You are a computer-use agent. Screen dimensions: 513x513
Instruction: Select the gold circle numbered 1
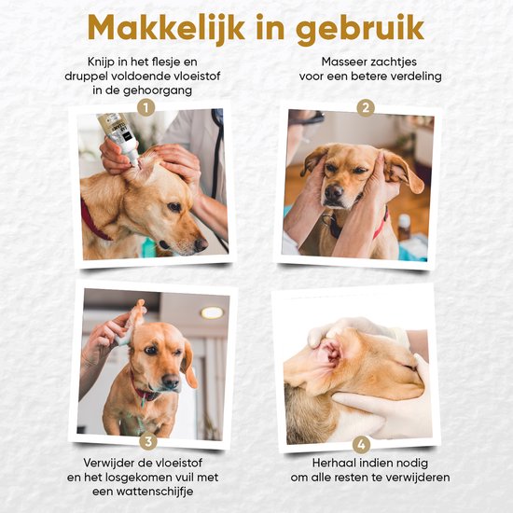[144, 108]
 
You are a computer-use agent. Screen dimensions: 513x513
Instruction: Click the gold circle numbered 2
[366, 108]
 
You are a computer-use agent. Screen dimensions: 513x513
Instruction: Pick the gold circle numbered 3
[146, 441]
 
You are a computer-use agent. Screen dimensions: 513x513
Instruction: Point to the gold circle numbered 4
[364, 441]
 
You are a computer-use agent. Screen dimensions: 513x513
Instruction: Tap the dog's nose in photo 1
[200, 244]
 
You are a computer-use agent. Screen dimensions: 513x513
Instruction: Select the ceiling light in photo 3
[213, 312]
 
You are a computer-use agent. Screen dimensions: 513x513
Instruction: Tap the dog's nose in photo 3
[172, 382]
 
